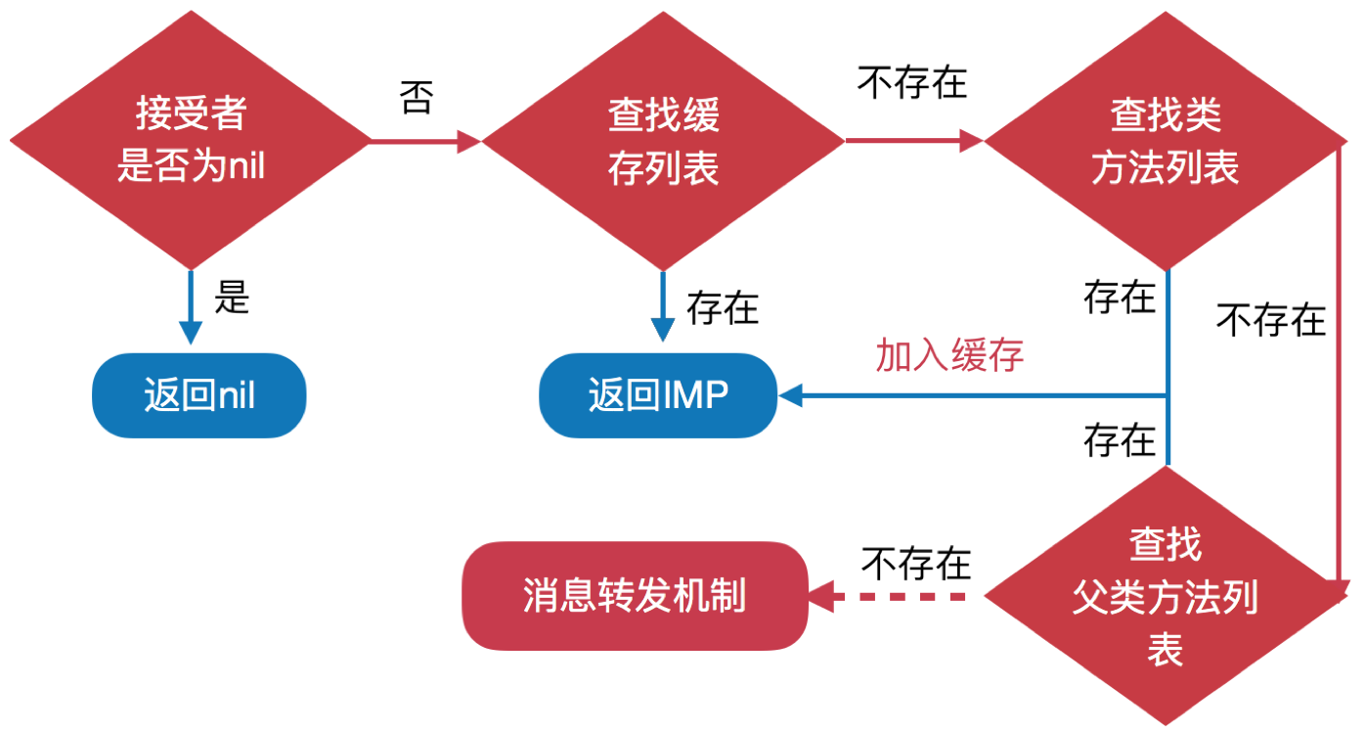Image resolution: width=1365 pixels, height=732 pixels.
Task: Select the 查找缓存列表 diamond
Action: [663, 141]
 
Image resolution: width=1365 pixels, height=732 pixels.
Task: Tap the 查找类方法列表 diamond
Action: [1165, 141]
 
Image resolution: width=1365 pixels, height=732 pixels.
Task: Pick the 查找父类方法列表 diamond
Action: [1165, 596]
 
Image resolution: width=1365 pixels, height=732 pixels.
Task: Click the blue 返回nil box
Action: [199, 395]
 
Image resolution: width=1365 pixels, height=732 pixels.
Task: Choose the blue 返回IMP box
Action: [658, 395]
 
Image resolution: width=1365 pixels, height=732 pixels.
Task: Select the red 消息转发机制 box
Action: [635, 595]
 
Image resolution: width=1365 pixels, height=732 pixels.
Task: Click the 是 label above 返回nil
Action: [233, 297]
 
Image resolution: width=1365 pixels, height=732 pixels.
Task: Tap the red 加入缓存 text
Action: [949, 356]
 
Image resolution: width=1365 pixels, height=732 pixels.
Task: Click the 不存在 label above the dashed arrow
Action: [916, 564]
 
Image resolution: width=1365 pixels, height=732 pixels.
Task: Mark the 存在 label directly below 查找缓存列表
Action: [723, 308]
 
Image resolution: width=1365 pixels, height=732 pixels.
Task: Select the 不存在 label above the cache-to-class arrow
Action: [912, 83]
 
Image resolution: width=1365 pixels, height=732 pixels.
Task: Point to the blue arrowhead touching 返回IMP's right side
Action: [790, 395]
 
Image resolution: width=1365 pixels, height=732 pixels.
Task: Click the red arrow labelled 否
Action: [426, 142]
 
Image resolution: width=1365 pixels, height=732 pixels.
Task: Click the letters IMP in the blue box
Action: [696, 395]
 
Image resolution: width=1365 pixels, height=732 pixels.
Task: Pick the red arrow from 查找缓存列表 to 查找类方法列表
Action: [914, 141]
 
